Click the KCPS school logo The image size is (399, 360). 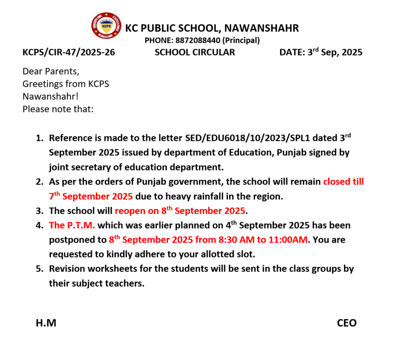pyautogui.click(x=106, y=25)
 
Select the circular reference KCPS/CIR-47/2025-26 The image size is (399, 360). pyautogui.click(x=69, y=52)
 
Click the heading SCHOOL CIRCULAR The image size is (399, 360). pyautogui.click(x=195, y=52)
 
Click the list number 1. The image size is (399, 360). pyautogui.click(x=39, y=138)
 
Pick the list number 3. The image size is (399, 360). pyautogui.click(x=39, y=211)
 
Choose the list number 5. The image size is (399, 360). pyautogui.click(x=39, y=269)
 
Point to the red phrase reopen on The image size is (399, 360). pyautogui.click(x=137, y=211)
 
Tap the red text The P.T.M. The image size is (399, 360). pyautogui.click(x=72, y=225)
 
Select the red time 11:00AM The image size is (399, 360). pyautogui.click(x=288, y=240)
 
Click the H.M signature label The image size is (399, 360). pyautogui.click(x=46, y=323)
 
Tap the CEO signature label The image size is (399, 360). pyautogui.click(x=347, y=323)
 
